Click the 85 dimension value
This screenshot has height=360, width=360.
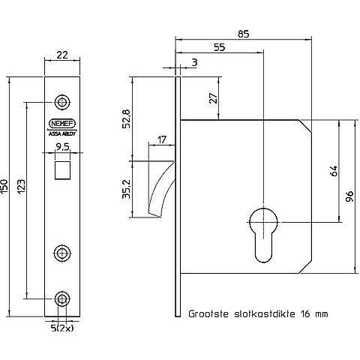click(x=243, y=34)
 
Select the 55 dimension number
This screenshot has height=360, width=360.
click(x=220, y=47)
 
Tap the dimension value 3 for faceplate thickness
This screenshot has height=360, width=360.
click(x=194, y=62)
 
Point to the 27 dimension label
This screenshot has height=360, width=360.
click(x=213, y=98)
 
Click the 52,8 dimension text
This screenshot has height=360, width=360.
click(x=126, y=118)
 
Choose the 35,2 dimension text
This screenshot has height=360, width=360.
click(x=126, y=189)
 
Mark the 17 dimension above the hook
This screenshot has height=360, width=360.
click(x=162, y=139)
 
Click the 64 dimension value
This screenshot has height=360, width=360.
click(x=334, y=171)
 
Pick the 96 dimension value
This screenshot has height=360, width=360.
click(x=349, y=196)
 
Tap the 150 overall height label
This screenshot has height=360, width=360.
click(x=4, y=187)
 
